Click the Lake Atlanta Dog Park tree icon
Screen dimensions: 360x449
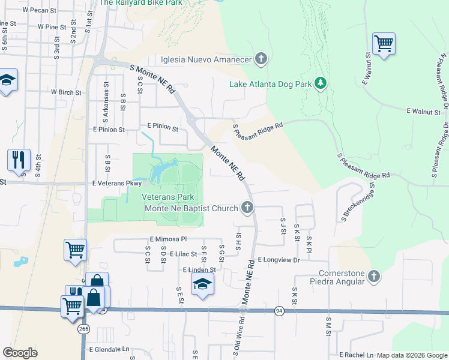(321, 83)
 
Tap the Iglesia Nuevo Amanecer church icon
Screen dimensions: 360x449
(261, 59)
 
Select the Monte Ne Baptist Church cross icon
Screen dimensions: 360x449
(247, 208)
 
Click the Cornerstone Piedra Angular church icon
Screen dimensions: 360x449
(374, 277)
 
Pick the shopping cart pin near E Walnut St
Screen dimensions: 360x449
(383, 44)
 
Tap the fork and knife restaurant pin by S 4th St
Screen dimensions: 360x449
(19, 160)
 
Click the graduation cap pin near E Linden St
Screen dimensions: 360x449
(203, 283)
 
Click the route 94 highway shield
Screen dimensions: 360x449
(279, 311)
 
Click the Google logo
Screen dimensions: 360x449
(20, 353)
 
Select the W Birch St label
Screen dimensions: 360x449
(65, 92)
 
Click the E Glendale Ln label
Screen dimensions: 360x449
(109, 349)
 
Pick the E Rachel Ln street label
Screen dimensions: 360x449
(356, 355)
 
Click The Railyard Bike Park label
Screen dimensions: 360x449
(140, 3)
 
